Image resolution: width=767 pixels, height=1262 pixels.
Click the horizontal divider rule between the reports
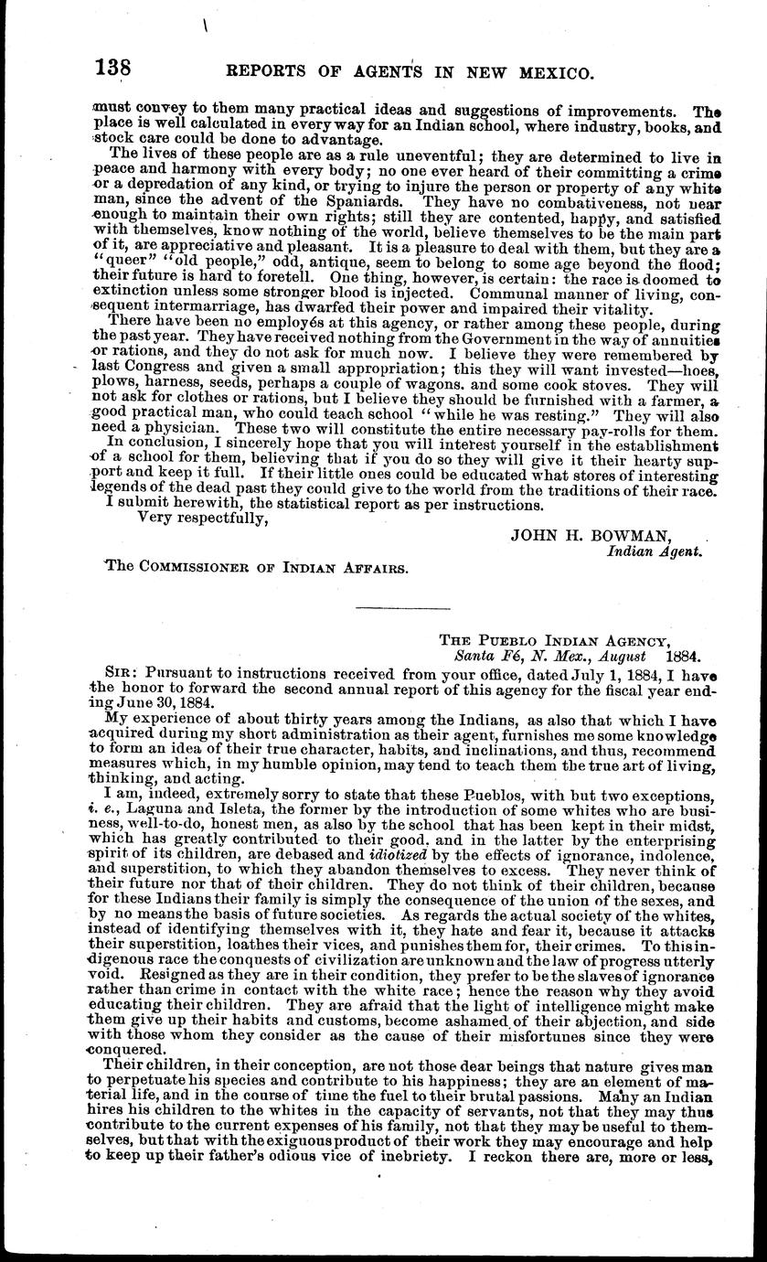[402, 608]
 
